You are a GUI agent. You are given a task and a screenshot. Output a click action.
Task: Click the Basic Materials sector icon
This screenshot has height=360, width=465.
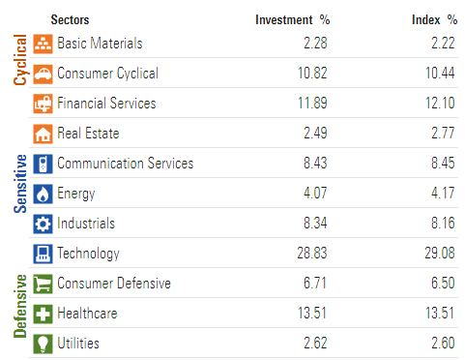[44, 44]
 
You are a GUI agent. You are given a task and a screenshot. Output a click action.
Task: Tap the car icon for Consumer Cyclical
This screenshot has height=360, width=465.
[44, 74]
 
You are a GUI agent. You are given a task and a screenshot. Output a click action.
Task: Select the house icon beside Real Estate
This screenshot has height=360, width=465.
[44, 134]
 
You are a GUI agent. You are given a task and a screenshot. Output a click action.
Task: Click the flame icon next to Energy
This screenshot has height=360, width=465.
[44, 194]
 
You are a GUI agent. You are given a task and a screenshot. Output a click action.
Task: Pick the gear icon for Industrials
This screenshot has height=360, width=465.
[44, 224]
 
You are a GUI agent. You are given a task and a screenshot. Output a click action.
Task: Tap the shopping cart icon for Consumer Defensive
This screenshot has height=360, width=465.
[44, 284]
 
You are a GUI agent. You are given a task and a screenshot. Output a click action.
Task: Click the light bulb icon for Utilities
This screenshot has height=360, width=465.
[44, 344]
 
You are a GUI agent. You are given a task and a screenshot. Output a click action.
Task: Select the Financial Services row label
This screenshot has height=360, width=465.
[106, 104]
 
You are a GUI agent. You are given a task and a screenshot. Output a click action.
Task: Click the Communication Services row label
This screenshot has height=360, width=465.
[125, 164]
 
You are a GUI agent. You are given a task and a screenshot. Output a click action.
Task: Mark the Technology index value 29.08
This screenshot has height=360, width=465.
[440, 254]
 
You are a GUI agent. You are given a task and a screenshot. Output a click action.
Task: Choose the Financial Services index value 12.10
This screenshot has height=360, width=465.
[440, 104]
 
